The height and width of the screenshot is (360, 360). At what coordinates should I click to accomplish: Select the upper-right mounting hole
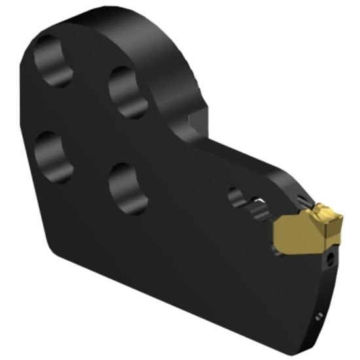pos(128,92)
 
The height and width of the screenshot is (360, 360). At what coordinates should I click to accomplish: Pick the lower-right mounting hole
pos(128,186)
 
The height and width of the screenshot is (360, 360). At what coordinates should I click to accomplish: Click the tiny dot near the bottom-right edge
pos(318,317)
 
